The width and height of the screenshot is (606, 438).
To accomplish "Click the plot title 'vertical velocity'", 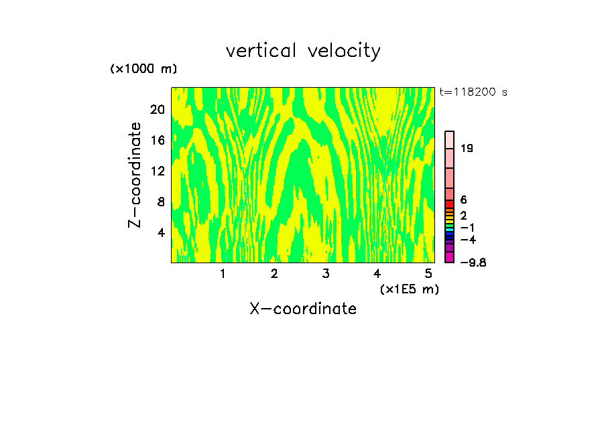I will pyautogui.click(x=303, y=51).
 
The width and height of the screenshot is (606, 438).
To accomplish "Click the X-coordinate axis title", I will pyautogui.click(x=303, y=309).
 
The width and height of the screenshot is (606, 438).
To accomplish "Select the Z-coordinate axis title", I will pyautogui.click(x=135, y=174).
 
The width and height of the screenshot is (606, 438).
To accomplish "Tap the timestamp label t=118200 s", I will pyautogui.click(x=473, y=92).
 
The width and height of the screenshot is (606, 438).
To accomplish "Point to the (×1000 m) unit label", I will pyautogui.click(x=143, y=69).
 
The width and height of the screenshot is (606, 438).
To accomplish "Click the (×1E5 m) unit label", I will pyautogui.click(x=409, y=289).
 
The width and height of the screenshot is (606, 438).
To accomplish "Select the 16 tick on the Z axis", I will pyautogui.click(x=157, y=140).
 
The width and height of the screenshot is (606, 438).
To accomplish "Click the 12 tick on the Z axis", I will pyautogui.click(x=157, y=171).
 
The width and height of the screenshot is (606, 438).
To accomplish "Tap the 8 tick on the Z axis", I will pyautogui.click(x=160, y=202).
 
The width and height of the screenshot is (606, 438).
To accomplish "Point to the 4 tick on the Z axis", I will pyautogui.click(x=160, y=232).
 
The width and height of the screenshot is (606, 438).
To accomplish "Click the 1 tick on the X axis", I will pyautogui.click(x=223, y=273).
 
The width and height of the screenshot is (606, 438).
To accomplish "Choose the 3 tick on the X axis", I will pyautogui.click(x=326, y=273).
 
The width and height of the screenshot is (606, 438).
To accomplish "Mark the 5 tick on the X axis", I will pyautogui.click(x=428, y=273).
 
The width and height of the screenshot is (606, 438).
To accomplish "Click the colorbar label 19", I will pyautogui.click(x=467, y=148).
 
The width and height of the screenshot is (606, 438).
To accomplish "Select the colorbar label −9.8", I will pyautogui.click(x=473, y=263).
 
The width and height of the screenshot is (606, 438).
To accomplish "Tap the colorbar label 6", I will pyautogui.click(x=463, y=200).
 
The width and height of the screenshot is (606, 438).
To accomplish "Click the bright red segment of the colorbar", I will pyautogui.click(x=450, y=204).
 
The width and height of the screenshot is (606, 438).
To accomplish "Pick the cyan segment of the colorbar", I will pyautogui.click(x=450, y=228).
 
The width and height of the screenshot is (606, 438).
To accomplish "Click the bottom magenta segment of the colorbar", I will pyautogui.click(x=450, y=257).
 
